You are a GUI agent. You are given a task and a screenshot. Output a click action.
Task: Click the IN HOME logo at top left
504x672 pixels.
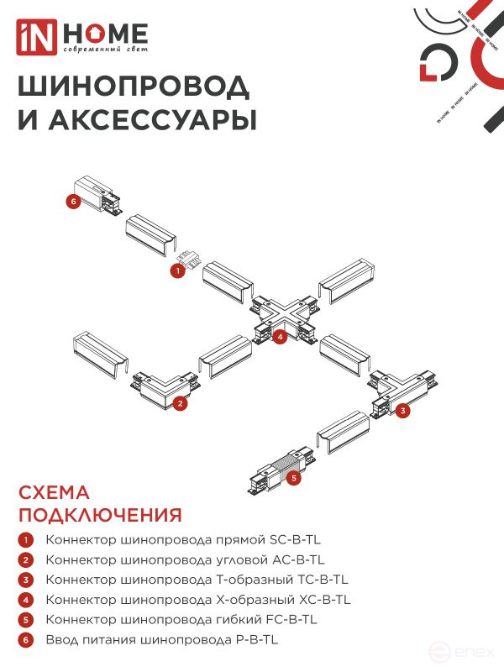coord(82,38)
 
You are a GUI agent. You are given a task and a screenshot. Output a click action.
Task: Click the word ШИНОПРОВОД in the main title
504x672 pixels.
coord(134,87)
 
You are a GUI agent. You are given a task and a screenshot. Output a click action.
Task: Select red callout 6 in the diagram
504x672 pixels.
coord(74,202)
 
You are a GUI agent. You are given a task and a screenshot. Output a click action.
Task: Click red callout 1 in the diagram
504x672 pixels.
coord(177,271)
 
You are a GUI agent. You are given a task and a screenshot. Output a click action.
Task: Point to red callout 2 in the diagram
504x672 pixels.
coord(180,403)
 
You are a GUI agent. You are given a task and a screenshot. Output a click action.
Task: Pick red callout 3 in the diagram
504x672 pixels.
coord(403,411)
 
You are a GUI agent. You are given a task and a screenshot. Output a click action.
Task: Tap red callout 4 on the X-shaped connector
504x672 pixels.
coord(281,337)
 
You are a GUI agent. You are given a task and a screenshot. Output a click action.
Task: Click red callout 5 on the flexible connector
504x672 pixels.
coord(293,478)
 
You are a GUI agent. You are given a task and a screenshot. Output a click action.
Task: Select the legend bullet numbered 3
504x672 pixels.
coord(27,580)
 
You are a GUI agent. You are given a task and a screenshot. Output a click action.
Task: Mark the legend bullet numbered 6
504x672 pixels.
coord(27,640)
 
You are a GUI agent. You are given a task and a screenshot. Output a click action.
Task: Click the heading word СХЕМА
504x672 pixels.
coord(54,493)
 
